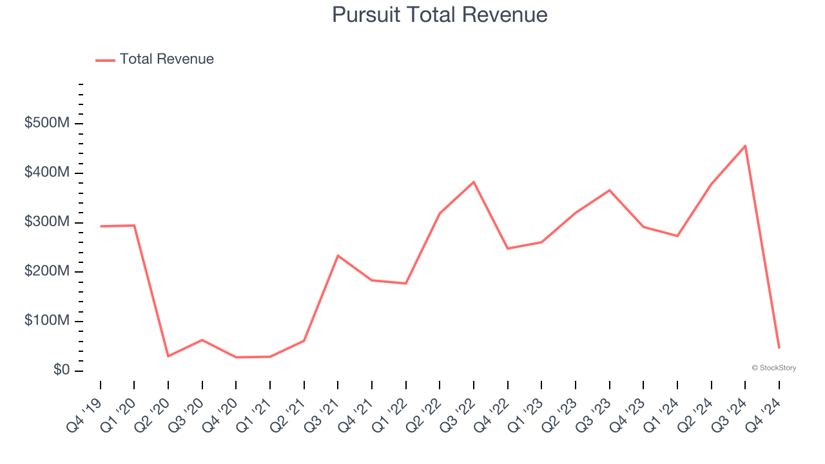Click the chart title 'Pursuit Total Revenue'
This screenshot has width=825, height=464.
(x=440, y=15)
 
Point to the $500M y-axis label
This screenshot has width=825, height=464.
(x=46, y=123)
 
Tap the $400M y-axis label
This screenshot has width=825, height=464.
(x=46, y=173)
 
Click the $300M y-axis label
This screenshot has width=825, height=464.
(x=46, y=222)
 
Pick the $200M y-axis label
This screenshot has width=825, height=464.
(x=46, y=272)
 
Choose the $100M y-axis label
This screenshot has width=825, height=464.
(x=46, y=321)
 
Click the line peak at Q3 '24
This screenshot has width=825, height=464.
(x=745, y=146)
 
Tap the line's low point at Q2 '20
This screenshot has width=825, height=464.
(x=168, y=356)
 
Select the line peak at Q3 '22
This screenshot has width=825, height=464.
(x=474, y=182)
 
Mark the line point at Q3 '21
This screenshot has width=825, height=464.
(x=338, y=256)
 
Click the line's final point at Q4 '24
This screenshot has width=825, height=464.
(x=779, y=348)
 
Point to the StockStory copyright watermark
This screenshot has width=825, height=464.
(x=773, y=368)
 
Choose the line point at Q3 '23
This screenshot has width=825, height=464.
(x=609, y=190)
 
